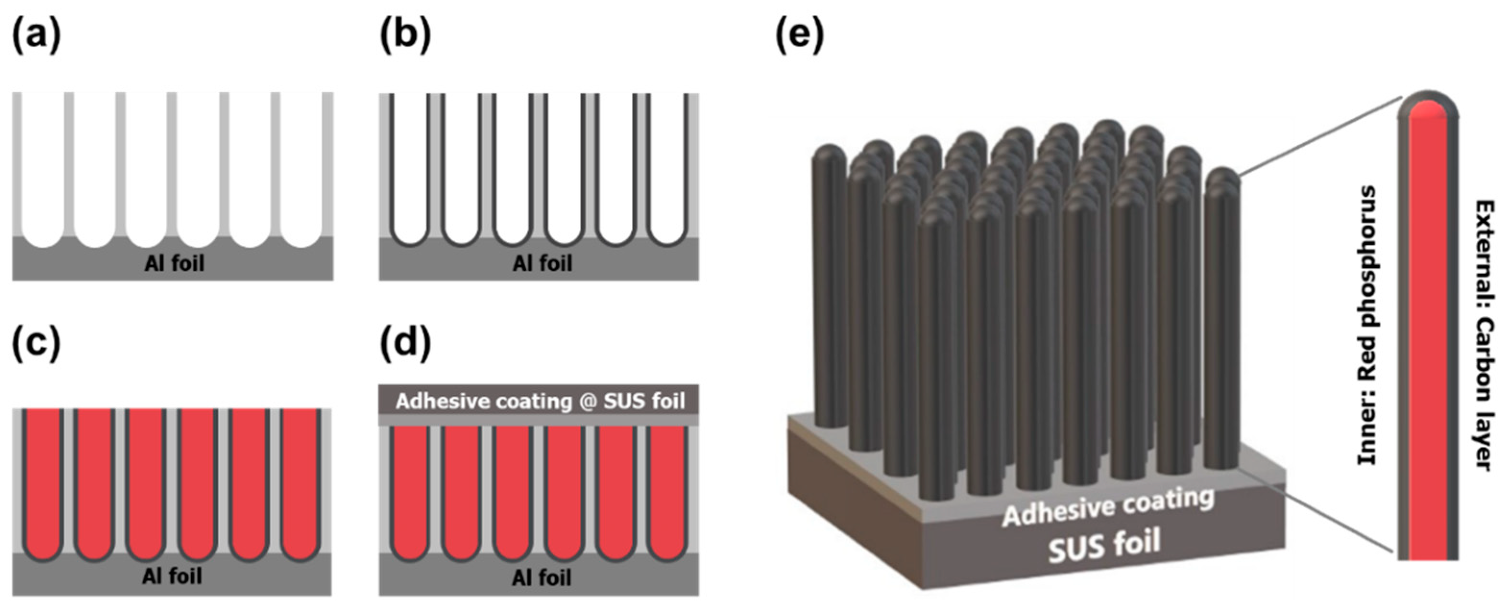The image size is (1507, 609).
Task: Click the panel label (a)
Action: pyautogui.click(x=36, y=37)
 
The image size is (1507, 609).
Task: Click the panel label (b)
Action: pyautogui.click(x=405, y=37)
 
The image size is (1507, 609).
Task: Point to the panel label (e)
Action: pyautogui.click(x=799, y=37)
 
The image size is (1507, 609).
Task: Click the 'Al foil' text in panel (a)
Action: pyautogui.click(x=174, y=264)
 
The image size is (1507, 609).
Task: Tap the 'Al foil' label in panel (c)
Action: pyautogui.click(x=172, y=577)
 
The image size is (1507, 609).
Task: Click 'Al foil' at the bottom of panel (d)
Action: pyautogui.click(x=541, y=578)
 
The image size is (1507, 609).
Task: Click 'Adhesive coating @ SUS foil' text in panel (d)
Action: pyautogui.click(x=540, y=402)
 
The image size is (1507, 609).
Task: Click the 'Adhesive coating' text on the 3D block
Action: pyautogui.click(x=1108, y=507)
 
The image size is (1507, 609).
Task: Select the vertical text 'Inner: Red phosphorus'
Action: pyautogui.click(x=1367, y=326)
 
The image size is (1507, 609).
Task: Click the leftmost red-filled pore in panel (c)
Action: pyautogui.click(x=43, y=480)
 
